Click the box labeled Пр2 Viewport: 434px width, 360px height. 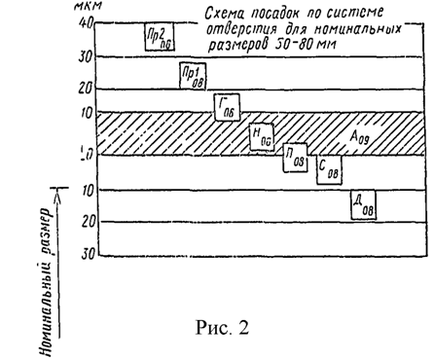coord(156,38)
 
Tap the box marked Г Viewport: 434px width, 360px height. coord(228,106)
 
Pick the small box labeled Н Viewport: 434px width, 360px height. coord(261,136)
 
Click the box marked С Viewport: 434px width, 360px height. coord(329,168)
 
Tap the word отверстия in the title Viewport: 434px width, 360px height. coord(239,29)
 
